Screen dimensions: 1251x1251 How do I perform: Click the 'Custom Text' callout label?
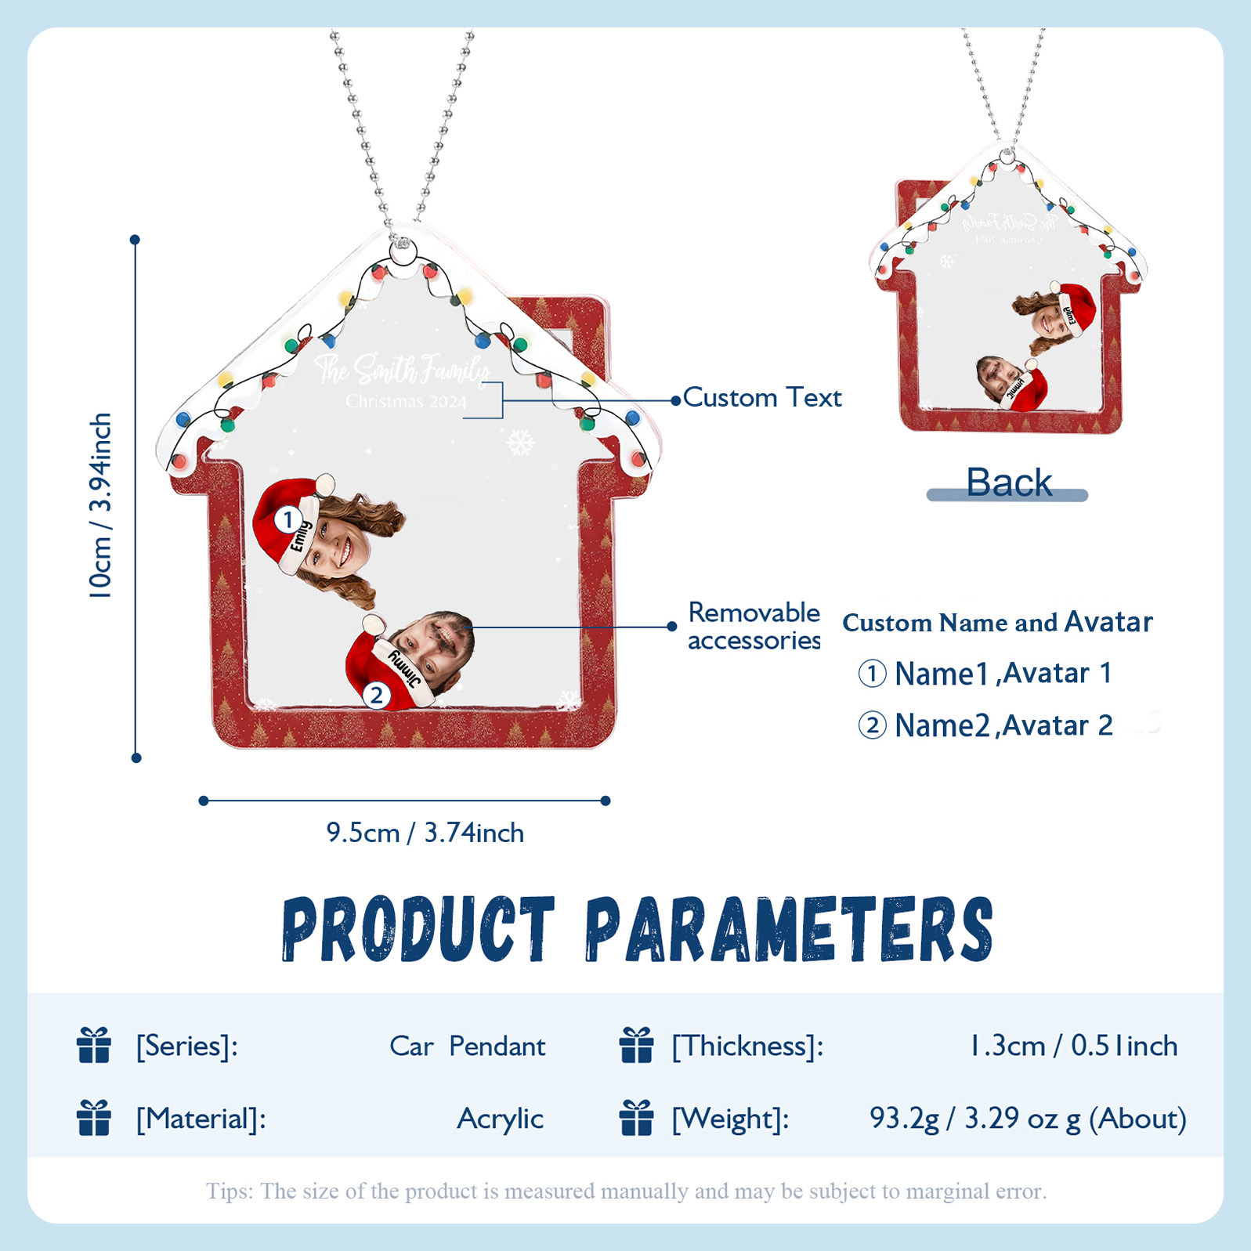(761, 398)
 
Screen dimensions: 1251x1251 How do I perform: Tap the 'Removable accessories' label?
(754, 626)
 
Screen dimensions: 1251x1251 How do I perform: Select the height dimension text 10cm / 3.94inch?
(100, 505)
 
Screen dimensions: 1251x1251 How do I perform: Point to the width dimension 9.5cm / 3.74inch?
(425, 833)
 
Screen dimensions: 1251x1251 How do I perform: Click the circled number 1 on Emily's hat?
(288, 519)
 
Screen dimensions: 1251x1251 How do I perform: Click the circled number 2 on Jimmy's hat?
(377, 695)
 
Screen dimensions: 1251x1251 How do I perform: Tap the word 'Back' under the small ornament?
(1008, 483)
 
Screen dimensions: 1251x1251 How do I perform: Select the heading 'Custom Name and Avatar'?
(996, 623)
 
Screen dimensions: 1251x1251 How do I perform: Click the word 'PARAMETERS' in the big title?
(789, 930)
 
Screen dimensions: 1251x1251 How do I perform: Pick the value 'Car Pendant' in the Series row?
(467, 1047)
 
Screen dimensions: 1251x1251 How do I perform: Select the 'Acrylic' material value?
(500, 1119)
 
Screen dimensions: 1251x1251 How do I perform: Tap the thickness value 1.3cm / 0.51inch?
(1073, 1047)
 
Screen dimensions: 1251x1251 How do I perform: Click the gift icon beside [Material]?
(94, 1118)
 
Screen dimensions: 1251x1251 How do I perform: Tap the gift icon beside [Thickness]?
(636, 1046)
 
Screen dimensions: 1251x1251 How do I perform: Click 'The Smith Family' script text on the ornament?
(402, 369)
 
